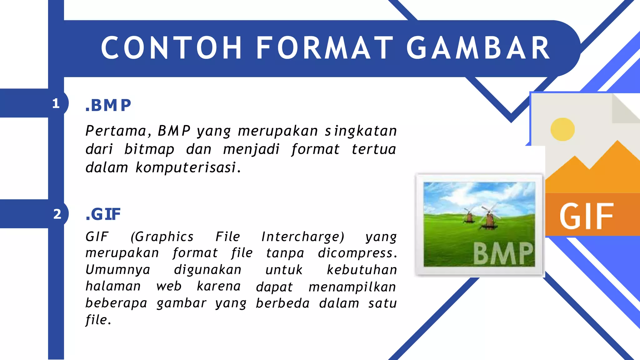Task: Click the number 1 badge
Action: click(56, 103)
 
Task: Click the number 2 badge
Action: click(57, 214)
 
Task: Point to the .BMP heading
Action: click(108, 105)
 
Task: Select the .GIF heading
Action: click(103, 214)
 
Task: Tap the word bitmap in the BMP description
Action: click(149, 149)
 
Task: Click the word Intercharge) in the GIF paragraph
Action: click(303, 237)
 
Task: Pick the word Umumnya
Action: click(118, 270)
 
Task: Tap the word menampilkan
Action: click(352, 287)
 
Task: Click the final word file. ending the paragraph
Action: click(98, 320)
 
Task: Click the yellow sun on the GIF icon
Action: click(562, 129)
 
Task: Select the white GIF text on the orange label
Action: click(586, 216)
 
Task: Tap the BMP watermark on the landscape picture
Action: click(503, 253)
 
